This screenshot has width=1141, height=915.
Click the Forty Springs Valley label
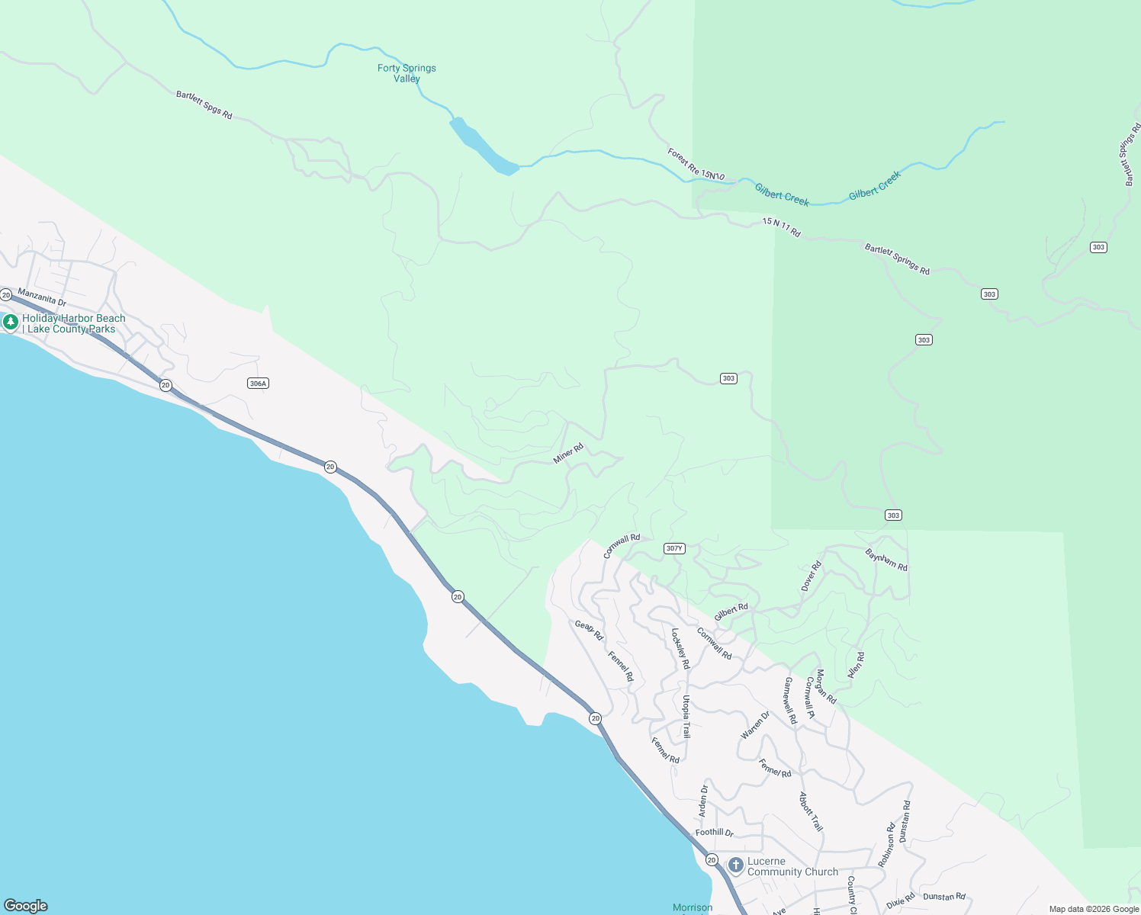pos(407,73)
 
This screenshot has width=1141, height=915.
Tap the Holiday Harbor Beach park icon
pos(11,323)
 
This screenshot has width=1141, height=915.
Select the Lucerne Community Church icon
pos(736,865)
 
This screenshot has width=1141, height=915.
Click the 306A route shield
pos(259,384)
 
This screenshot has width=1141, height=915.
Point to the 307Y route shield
pos(674,548)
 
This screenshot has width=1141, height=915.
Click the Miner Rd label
pos(568,454)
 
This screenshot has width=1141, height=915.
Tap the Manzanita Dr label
pos(42,297)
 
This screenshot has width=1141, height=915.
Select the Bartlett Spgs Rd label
pos(204,105)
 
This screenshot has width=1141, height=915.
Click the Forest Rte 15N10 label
pos(696,165)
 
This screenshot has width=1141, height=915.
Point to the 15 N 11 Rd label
pos(781,227)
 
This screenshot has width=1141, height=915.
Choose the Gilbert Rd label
pos(731,612)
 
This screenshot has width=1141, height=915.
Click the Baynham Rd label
pos(886,560)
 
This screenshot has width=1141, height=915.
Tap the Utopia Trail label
pos(686,717)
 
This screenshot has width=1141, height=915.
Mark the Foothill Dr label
pos(714,833)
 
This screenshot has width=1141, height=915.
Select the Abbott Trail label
pos(811,812)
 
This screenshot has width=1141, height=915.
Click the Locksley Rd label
pos(680,649)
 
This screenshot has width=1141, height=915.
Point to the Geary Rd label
pos(589,630)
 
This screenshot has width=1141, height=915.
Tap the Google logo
pos(26,906)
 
